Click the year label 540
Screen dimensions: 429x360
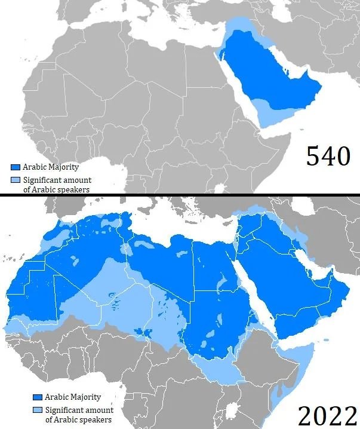[327, 157]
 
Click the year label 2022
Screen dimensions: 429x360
[324, 413]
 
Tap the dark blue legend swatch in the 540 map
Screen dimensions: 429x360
[16, 167]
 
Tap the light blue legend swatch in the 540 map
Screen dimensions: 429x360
[16, 180]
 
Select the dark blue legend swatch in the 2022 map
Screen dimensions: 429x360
[38, 397]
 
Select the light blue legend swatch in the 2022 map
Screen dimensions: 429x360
[38, 410]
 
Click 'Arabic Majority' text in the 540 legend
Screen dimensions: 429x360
[51, 167]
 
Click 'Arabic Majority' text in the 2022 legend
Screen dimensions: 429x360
[73, 397]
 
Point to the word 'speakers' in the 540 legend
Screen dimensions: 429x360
[72, 189]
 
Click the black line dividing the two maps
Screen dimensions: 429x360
[179, 194]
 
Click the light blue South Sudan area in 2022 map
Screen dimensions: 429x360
[221, 370]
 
